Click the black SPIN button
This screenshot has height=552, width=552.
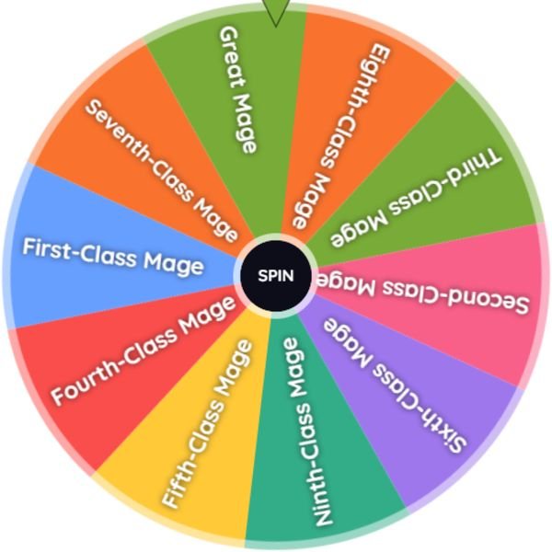(276, 276)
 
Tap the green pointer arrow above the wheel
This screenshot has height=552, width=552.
(276, 11)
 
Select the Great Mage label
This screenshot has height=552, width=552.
(237, 90)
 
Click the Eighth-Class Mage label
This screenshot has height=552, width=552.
(340, 136)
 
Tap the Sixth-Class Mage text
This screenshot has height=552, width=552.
(395, 385)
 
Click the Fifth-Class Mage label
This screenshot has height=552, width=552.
(208, 423)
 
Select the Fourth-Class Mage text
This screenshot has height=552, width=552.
(144, 350)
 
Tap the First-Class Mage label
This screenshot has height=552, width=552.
(113, 257)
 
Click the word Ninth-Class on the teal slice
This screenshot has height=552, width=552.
(313, 469)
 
